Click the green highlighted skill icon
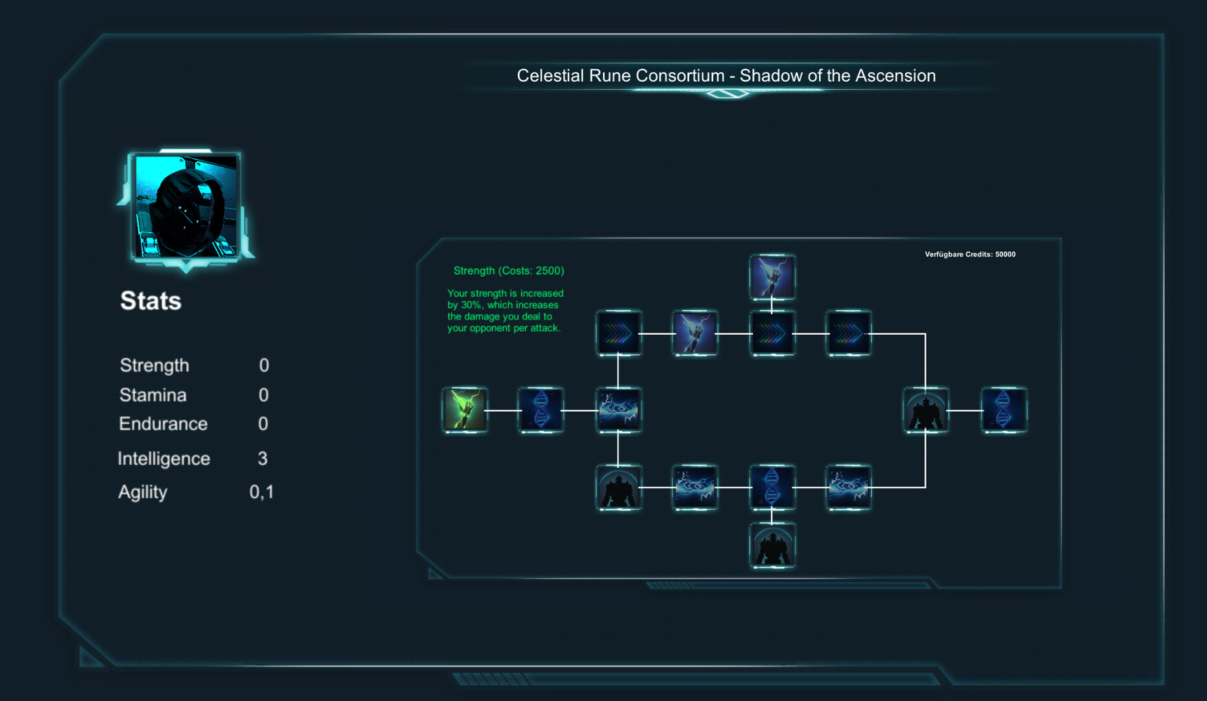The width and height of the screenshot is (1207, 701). pos(465,410)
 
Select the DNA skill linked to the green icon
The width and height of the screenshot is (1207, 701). pos(541,410)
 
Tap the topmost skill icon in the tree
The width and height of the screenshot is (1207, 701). pos(772,277)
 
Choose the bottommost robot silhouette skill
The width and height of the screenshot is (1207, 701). pos(772,546)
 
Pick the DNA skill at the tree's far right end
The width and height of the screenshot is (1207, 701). pos(1003,410)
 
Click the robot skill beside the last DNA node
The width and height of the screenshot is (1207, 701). pos(926,410)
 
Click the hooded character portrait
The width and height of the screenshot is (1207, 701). pos(186,206)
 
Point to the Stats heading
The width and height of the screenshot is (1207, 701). pos(151,301)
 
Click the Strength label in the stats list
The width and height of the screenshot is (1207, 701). pos(154,365)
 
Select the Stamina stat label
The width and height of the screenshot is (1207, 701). pos(153,395)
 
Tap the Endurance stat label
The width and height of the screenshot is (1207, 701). pos(163,424)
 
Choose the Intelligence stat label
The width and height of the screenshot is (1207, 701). pos(164,459)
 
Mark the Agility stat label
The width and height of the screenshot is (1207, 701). pos(143,492)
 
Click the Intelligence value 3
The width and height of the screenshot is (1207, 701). pos(263,459)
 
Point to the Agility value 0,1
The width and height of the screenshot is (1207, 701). pos(262,492)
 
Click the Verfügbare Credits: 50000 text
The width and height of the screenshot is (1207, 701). pos(970,254)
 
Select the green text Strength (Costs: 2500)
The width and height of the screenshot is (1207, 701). pos(509,271)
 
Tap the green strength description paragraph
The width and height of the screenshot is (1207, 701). pos(505,311)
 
